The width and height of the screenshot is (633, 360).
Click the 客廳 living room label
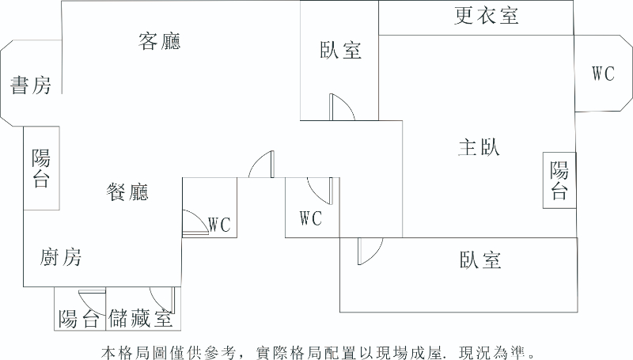tap(159, 41)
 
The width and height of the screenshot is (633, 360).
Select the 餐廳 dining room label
tap(127, 191)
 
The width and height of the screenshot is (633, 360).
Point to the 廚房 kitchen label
tap(61, 257)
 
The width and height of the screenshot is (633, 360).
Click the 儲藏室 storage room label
tap(142, 319)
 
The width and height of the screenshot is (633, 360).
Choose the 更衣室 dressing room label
tap(487, 16)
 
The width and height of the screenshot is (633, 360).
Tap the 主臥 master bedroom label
tap(479, 147)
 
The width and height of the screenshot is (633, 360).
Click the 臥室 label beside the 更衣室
tap(340, 51)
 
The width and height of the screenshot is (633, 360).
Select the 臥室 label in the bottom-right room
tap(479, 260)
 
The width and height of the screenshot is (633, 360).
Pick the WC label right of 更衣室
tap(603, 74)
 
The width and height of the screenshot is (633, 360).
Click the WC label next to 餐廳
tap(219, 225)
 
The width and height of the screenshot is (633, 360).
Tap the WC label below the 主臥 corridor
tap(311, 218)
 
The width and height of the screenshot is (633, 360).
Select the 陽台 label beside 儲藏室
tap(79, 319)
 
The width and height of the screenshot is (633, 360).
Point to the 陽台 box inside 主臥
tap(559, 180)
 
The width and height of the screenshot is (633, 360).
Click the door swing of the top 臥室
tap(342, 107)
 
